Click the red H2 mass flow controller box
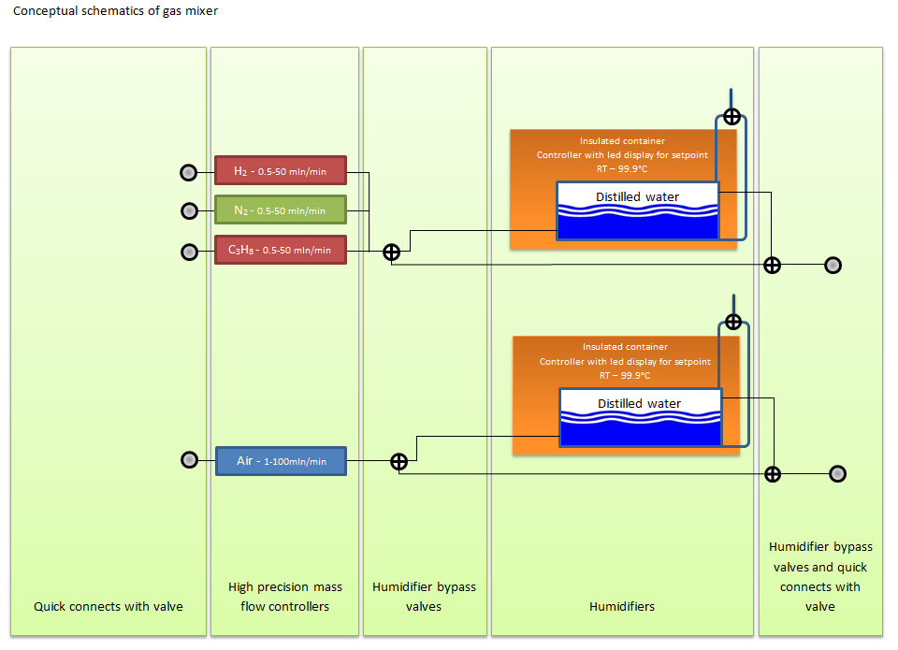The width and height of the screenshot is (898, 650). (x=281, y=170)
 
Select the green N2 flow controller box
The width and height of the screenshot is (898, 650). (x=281, y=209)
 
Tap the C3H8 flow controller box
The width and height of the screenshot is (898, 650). (x=281, y=250)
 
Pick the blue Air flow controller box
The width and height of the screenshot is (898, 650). (x=282, y=461)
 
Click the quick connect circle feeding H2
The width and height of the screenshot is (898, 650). (x=188, y=172)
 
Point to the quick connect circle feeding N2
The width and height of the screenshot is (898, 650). (x=189, y=211)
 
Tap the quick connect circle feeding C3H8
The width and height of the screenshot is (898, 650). (x=189, y=252)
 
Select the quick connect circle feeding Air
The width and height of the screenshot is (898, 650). (x=189, y=460)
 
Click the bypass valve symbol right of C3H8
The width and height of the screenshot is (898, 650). (x=391, y=252)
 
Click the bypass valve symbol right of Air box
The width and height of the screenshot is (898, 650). (x=398, y=462)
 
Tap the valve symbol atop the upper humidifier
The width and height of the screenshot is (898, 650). (x=731, y=117)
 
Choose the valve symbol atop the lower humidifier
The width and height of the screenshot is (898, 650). (x=733, y=322)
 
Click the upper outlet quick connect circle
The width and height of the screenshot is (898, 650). (x=833, y=266)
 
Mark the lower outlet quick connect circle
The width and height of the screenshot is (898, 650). (x=837, y=474)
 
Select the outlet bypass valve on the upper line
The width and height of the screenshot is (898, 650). (x=772, y=266)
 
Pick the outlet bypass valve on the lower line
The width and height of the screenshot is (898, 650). (x=773, y=474)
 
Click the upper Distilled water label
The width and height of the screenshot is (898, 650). (x=637, y=197)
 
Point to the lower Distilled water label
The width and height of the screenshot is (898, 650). (x=640, y=404)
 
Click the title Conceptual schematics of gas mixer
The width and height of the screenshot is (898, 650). (x=116, y=11)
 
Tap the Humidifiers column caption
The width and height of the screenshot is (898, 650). (x=622, y=606)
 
